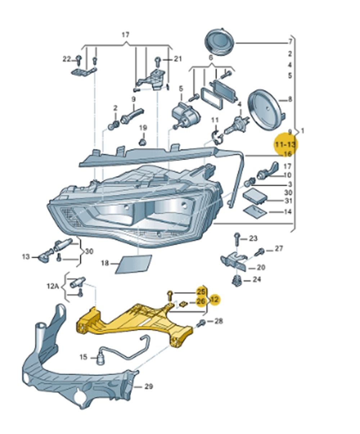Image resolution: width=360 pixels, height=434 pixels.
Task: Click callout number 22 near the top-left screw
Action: click(67, 59)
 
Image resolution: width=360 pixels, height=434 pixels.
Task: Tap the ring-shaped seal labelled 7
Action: click(220, 42)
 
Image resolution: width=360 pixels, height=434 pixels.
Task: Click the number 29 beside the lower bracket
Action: click(148, 386)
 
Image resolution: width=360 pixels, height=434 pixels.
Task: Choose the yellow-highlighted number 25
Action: click(200, 291)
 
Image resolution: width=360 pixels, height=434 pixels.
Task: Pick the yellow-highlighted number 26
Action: click(200, 301)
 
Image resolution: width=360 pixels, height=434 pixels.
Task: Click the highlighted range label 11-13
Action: click(285, 145)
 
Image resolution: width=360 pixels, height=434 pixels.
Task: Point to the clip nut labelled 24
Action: click(236, 280)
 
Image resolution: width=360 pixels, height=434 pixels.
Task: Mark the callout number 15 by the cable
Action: click(83, 357)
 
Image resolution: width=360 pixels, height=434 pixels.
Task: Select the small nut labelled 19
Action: click(143, 140)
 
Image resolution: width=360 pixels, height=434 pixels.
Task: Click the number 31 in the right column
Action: click(288, 201)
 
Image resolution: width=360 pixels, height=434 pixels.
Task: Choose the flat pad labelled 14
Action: click(255, 210)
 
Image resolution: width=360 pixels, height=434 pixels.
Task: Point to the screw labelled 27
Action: click(260, 252)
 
